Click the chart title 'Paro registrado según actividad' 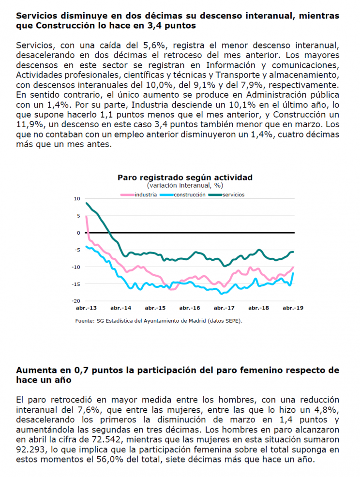click(185, 178)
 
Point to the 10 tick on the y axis click(76, 199)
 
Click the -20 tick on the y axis click(76, 301)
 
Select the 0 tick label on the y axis click(78, 233)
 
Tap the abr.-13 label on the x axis click(86, 308)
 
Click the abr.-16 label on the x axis click(190, 308)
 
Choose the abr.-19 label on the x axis click(293, 308)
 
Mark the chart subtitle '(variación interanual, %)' click(185, 185)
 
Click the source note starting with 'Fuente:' click(159, 321)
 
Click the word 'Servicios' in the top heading click(36, 15)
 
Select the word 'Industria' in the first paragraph click(150, 104)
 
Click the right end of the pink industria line click(293, 267)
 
